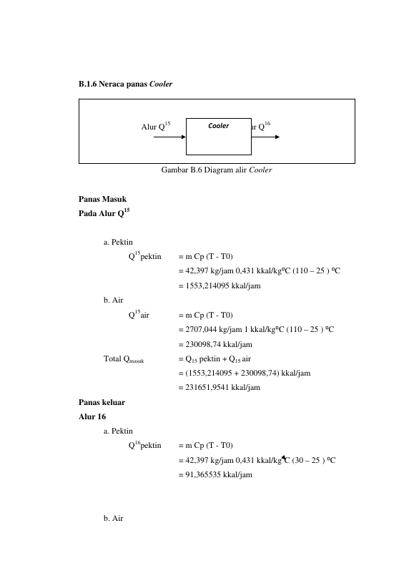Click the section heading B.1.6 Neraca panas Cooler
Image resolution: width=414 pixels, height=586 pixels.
125,84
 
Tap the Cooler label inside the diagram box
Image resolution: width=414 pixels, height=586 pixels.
218,126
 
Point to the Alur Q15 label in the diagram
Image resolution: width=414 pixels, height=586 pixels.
156,127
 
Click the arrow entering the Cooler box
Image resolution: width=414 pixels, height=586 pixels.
170,137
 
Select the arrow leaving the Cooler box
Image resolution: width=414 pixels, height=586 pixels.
265,137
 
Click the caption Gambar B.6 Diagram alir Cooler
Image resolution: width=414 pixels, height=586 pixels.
217,170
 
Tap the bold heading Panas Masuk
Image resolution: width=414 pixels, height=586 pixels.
103,199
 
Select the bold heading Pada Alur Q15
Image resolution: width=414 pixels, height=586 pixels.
104,213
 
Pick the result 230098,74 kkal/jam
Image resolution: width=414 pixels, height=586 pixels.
219,345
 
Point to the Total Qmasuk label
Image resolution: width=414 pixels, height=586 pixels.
124,359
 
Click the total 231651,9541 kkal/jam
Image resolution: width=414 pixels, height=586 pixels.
223,388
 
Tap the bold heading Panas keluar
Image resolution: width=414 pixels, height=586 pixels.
102,403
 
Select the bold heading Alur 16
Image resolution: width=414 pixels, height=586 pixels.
92,416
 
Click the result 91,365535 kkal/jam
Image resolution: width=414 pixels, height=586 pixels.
219,474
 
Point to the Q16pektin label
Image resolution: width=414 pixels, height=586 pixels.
145,445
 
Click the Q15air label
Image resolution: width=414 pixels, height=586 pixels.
139,315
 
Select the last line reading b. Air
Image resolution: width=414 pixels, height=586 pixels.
114,518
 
